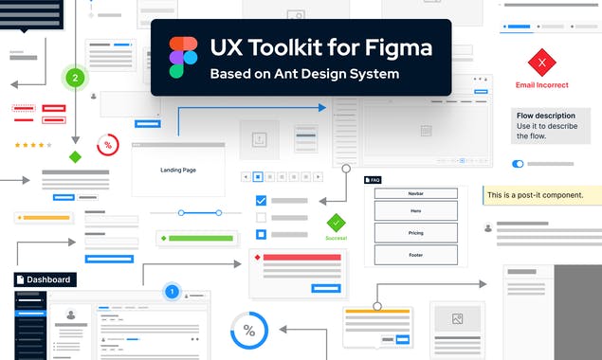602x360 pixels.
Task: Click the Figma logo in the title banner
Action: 184,57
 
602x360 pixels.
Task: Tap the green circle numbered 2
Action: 75,78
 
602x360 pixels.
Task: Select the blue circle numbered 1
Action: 172,292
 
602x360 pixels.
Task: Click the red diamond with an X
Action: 542,63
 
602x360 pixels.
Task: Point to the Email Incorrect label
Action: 542,85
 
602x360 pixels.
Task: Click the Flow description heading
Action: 546,115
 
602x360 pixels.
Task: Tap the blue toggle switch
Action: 518,164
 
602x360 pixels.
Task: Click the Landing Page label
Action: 177,170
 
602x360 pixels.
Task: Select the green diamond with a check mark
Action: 337,223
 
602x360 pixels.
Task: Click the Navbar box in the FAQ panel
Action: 415,193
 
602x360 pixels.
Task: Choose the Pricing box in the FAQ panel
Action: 415,232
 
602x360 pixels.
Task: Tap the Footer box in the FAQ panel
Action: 415,255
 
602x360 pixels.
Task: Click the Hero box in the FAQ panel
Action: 415,210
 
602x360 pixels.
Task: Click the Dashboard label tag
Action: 45,279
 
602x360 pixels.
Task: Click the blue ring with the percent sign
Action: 249,331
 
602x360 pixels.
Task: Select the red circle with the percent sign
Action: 108,145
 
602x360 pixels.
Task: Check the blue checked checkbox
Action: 262,201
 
